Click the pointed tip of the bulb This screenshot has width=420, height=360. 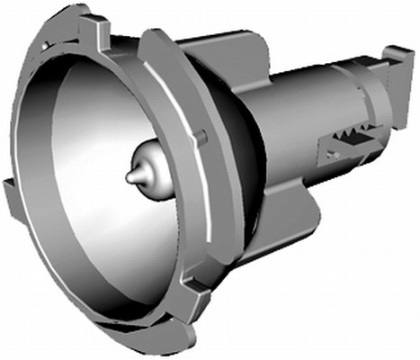pos(130,177)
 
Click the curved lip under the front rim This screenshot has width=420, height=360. pos(135,338)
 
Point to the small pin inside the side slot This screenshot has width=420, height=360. pos(334,155)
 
